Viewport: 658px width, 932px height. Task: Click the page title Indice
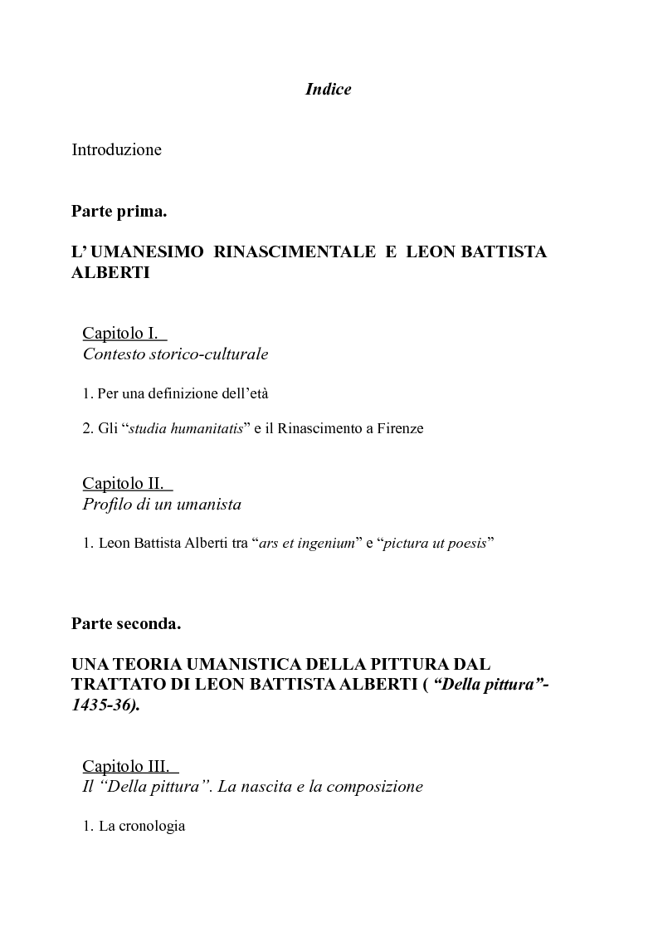(328, 90)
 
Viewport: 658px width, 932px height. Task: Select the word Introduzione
(116, 150)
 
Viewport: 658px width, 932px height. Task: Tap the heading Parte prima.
(119, 212)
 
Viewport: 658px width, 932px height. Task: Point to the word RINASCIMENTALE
(295, 252)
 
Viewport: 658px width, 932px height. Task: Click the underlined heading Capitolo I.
(120, 334)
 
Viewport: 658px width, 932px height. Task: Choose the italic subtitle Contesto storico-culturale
(175, 354)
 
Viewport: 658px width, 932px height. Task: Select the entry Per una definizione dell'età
(183, 393)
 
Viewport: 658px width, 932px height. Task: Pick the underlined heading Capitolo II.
(124, 483)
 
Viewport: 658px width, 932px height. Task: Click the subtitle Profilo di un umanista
(162, 505)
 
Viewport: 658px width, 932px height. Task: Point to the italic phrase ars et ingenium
(307, 544)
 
